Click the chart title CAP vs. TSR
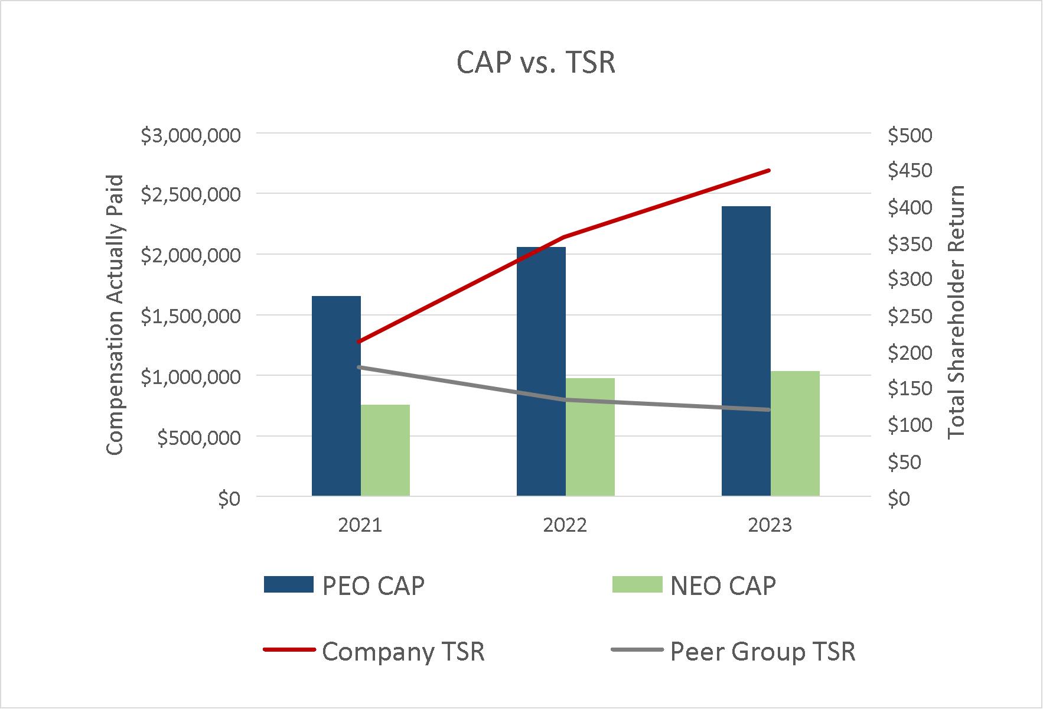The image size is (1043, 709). [536, 63]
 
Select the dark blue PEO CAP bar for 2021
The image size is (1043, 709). [336, 396]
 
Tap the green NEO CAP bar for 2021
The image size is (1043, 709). [385, 450]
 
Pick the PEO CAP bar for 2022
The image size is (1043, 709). [541, 371]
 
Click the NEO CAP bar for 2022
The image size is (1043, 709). [590, 437]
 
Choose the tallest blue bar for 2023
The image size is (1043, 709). [746, 351]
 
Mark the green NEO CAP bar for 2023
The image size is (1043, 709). [795, 433]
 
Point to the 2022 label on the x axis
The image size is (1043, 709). [565, 525]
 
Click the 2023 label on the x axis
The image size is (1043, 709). [770, 525]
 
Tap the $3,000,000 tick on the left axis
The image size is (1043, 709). [191, 136]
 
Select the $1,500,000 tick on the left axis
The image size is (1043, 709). [191, 317]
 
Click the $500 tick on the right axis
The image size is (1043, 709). [910, 136]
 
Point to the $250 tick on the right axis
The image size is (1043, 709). [910, 317]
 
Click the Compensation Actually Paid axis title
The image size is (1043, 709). [116, 315]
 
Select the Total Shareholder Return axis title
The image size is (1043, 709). [957, 312]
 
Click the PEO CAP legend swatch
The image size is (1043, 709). [288, 585]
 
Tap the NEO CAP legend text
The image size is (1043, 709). [723, 586]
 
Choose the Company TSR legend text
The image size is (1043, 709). [403, 652]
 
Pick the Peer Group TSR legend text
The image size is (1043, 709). [763, 652]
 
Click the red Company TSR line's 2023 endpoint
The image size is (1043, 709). [770, 171]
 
